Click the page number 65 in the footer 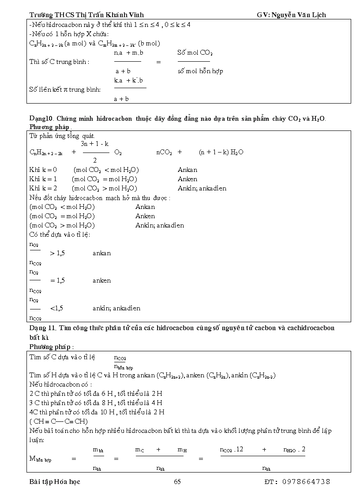click(x=177, y=481)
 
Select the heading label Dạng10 click(x=41, y=119)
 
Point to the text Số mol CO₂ click(x=195, y=52)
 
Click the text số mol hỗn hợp click(x=200, y=71)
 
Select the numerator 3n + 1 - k click(x=94, y=144)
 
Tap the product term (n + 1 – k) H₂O click(x=221, y=152)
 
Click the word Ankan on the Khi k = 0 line click(x=187, y=170)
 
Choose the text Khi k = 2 click(x=43, y=188)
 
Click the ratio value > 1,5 click(x=57, y=253)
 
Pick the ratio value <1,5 click(x=56, y=308)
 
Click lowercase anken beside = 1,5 click(x=101, y=280)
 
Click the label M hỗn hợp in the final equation click(x=40, y=459)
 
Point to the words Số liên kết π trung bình click(x=65, y=89)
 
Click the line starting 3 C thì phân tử click(x=96, y=402)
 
